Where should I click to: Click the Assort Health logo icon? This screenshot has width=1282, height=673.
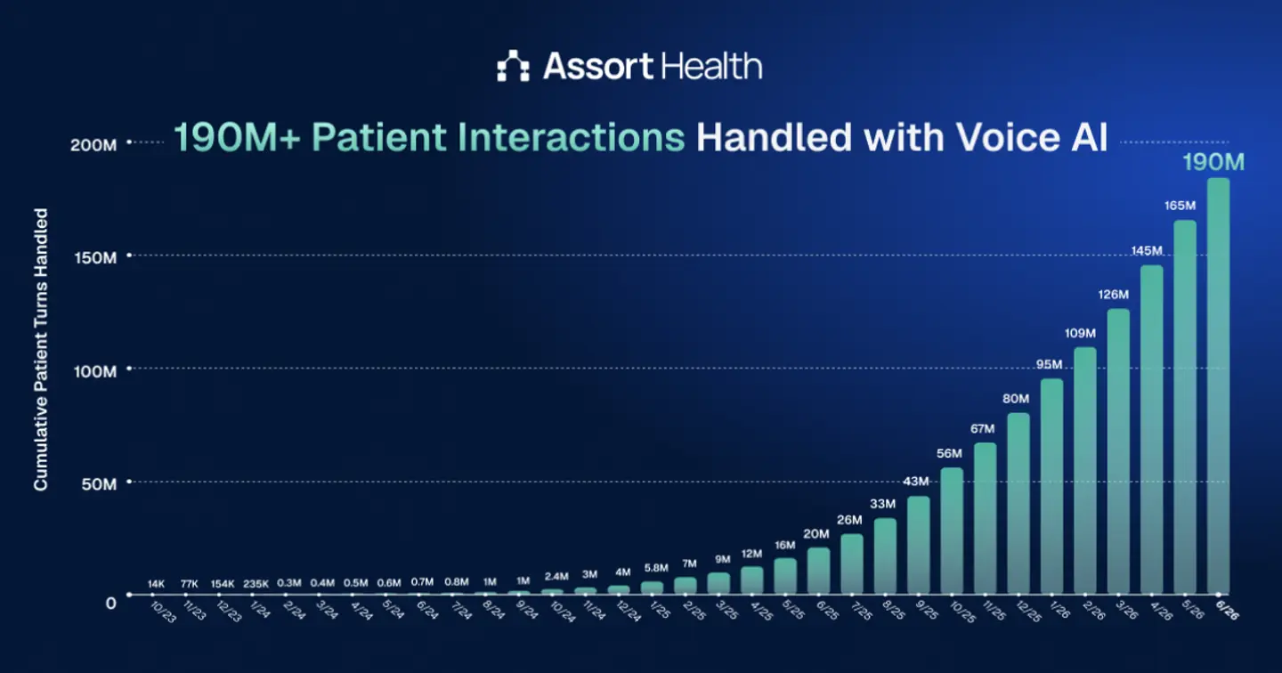(x=513, y=66)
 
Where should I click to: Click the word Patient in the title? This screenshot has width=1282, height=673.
(x=379, y=137)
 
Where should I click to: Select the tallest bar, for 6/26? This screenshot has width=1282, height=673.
(x=1218, y=385)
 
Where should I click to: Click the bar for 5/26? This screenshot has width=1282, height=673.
(x=1185, y=407)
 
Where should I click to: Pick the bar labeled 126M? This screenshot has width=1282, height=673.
(x=1118, y=451)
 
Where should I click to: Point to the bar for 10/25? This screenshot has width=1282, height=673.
(x=952, y=531)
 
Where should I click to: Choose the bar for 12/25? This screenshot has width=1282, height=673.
(x=1018, y=503)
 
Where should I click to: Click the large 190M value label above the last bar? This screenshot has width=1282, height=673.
(x=1213, y=162)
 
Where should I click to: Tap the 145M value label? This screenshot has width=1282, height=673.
(x=1147, y=251)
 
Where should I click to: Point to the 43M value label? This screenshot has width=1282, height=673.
(x=916, y=482)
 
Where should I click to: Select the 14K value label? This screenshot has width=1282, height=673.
(x=156, y=584)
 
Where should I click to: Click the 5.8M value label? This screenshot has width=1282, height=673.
(x=656, y=568)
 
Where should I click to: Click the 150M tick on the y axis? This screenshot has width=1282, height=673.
(x=95, y=257)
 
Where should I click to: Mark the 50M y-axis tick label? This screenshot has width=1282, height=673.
(x=99, y=484)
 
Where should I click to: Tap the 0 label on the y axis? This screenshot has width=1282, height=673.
(x=110, y=604)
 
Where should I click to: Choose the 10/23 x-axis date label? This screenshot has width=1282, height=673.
(x=163, y=612)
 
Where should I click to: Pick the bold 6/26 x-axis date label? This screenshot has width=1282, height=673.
(x=1227, y=610)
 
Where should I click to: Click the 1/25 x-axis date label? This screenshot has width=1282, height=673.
(x=660, y=610)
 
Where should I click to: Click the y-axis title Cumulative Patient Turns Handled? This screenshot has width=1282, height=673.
(x=41, y=349)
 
